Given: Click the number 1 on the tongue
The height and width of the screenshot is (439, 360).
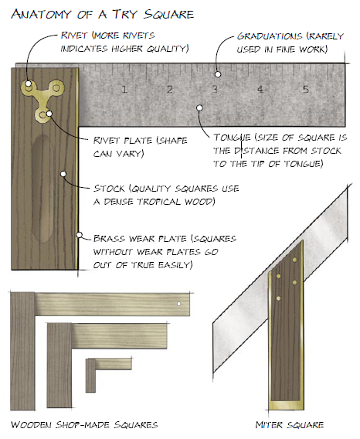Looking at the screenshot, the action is (x=124, y=90).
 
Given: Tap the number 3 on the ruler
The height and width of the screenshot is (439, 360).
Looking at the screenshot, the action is (x=215, y=90).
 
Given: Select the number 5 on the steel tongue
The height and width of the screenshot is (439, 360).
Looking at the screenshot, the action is (x=305, y=90).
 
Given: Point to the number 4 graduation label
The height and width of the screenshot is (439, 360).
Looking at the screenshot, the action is (x=260, y=90).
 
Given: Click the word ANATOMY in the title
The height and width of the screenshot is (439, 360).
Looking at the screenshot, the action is (x=41, y=14).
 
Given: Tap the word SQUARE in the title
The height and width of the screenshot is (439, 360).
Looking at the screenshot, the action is (x=169, y=14).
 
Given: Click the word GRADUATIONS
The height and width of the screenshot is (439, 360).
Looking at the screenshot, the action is (x=270, y=36).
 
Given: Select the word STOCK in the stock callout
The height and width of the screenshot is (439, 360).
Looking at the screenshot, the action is (x=109, y=188).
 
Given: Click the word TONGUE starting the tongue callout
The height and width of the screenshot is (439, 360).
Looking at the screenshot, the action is (x=232, y=138).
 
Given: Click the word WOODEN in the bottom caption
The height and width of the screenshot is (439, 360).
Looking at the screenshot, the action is (x=32, y=425).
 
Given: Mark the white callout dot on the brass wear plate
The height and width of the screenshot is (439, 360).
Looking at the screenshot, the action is (x=80, y=235).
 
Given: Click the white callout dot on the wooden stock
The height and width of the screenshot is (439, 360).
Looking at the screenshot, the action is (x=63, y=174).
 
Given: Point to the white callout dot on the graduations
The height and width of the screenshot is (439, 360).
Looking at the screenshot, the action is (x=218, y=74).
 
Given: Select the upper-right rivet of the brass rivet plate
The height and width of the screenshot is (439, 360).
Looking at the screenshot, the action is (x=56, y=88).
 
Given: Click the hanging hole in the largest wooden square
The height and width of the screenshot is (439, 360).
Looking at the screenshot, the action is (x=179, y=304).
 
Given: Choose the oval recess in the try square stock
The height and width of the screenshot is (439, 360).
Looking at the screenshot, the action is (x=42, y=189).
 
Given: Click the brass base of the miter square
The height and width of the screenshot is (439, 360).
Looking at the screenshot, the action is (x=286, y=406).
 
